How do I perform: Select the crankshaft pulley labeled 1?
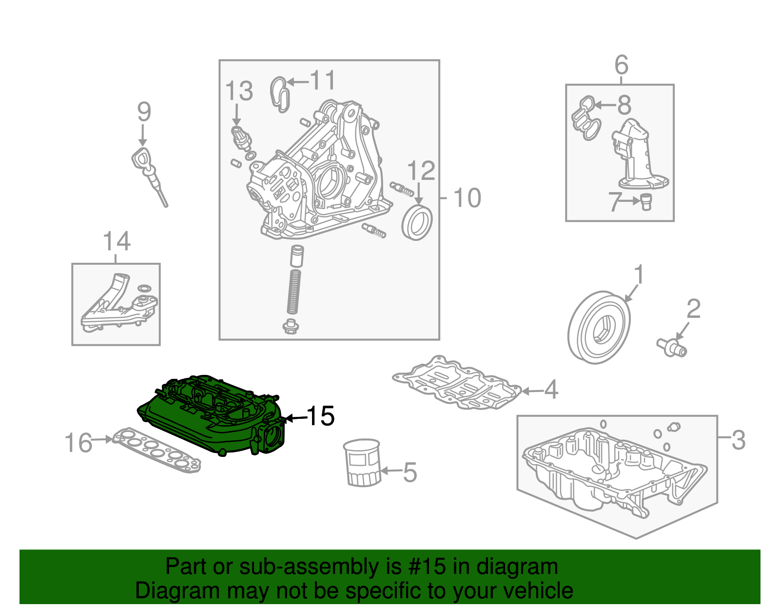[x=599, y=327]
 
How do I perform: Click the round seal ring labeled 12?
[x=417, y=223]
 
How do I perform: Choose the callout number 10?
[x=467, y=198]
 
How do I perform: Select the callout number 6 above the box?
[x=621, y=65]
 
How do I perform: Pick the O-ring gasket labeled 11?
[x=280, y=94]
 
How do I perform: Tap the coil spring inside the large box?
[x=293, y=292]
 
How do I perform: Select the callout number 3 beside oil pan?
[x=738, y=440]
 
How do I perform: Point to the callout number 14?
[x=117, y=241]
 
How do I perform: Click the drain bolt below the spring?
[x=291, y=327]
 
